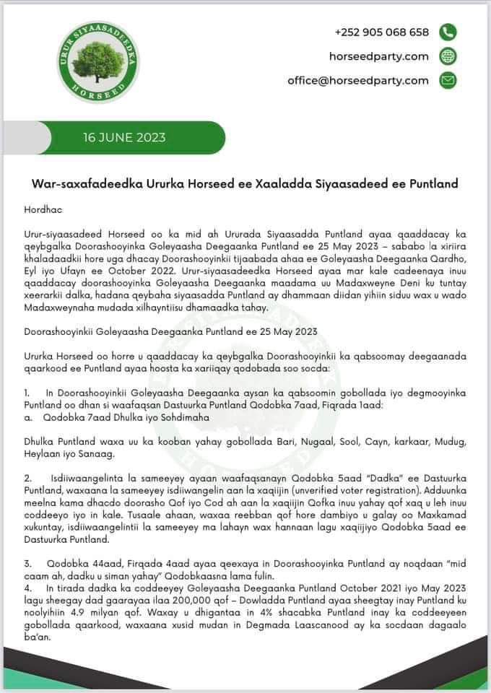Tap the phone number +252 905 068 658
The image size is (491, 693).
point(381,32)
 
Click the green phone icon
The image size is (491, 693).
point(448,32)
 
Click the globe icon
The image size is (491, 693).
point(448,56)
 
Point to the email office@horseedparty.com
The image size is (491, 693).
point(357,80)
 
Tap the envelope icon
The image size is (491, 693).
point(448,80)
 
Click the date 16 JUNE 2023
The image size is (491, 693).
point(124,137)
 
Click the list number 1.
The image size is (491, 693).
point(26,391)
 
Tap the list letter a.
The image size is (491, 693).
point(26,416)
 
